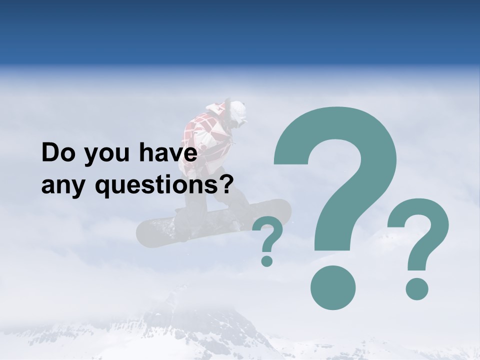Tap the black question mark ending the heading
(227, 185)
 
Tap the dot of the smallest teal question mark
(267, 260)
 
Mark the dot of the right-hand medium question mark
(416, 289)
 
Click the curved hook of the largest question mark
(340, 145)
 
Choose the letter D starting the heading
(49, 153)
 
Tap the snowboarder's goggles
(242, 121)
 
